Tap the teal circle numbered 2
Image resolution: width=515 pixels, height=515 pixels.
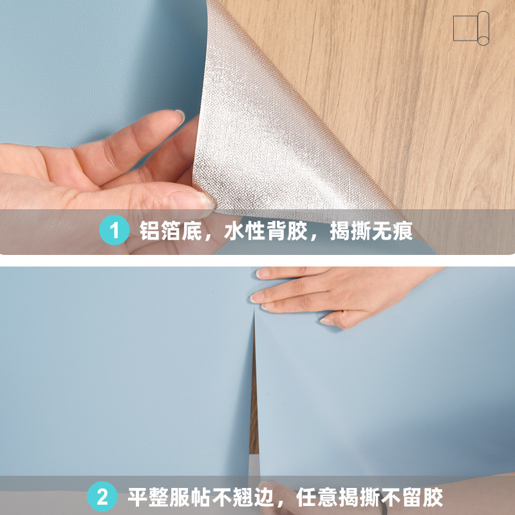102,497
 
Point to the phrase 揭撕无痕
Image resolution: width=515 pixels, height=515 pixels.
371,230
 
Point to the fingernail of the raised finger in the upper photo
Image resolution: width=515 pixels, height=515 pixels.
178,117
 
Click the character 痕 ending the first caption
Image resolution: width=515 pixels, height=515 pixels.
402,230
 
